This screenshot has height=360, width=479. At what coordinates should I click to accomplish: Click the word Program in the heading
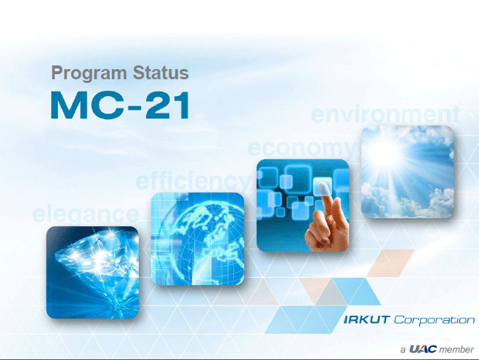point(89,74)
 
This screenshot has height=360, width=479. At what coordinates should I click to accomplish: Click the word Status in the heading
point(161,73)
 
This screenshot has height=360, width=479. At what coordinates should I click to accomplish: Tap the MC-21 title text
point(120,105)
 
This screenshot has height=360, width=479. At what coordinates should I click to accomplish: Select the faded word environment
point(385,114)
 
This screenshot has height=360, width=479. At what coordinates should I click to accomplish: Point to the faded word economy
point(301,149)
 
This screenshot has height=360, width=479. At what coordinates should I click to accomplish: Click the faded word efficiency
point(194,180)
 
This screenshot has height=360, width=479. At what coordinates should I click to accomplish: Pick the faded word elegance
point(86,214)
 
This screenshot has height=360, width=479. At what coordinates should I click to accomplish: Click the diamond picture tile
point(92,272)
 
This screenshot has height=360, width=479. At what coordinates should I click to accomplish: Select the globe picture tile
point(198,239)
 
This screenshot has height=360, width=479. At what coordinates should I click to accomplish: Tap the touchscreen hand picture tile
point(302,205)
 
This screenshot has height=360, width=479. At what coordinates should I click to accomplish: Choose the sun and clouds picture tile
point(407,172)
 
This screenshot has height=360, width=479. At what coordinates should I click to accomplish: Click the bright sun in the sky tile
point(385,153)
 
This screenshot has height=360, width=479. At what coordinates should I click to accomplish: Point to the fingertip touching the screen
point(323,188)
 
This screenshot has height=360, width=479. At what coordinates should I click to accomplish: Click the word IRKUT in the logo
point(366,320)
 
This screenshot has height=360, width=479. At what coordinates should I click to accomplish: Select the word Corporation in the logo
point(434,320)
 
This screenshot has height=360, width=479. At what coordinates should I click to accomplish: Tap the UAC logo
point(423,348)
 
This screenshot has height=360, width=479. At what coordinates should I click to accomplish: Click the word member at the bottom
point(456,349)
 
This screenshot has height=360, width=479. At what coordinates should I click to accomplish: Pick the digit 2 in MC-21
point(158,105)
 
